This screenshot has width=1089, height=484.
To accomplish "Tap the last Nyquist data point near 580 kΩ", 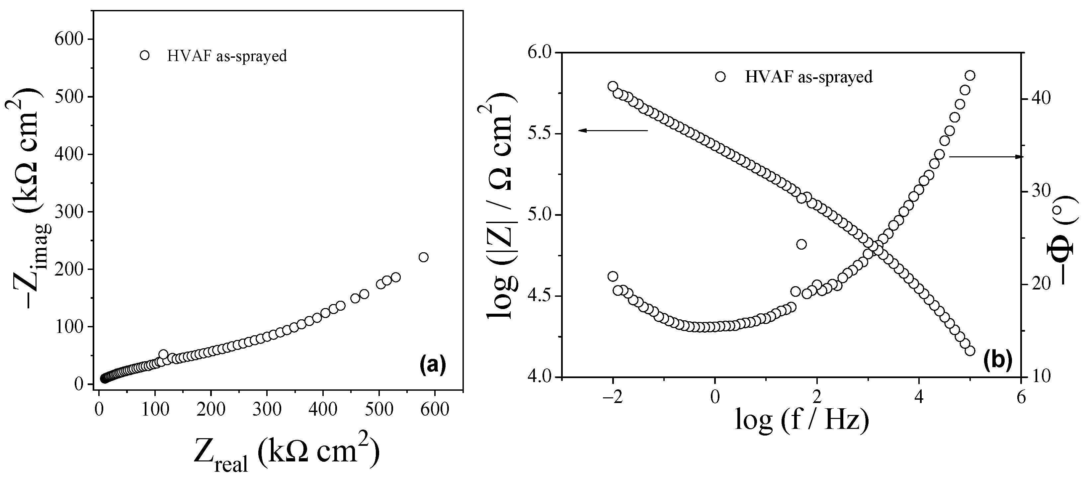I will pos(423,257).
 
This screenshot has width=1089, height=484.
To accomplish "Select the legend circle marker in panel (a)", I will pos(144,55).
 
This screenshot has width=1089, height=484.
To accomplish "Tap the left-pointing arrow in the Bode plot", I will pos(613,130).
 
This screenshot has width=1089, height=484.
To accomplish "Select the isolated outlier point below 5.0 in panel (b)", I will pos(801,244).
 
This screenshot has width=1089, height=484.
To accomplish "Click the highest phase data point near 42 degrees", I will pos(970,75).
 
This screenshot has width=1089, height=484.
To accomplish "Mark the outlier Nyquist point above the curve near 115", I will pos(163,354).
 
